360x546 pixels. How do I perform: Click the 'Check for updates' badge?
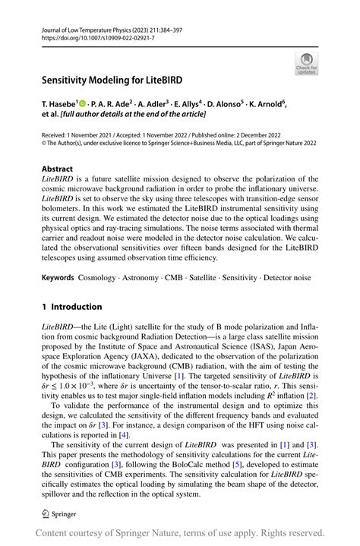coord(305,62)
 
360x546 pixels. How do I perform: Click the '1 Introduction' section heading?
coord(71,307)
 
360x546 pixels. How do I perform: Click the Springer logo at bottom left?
coord(58,513)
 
